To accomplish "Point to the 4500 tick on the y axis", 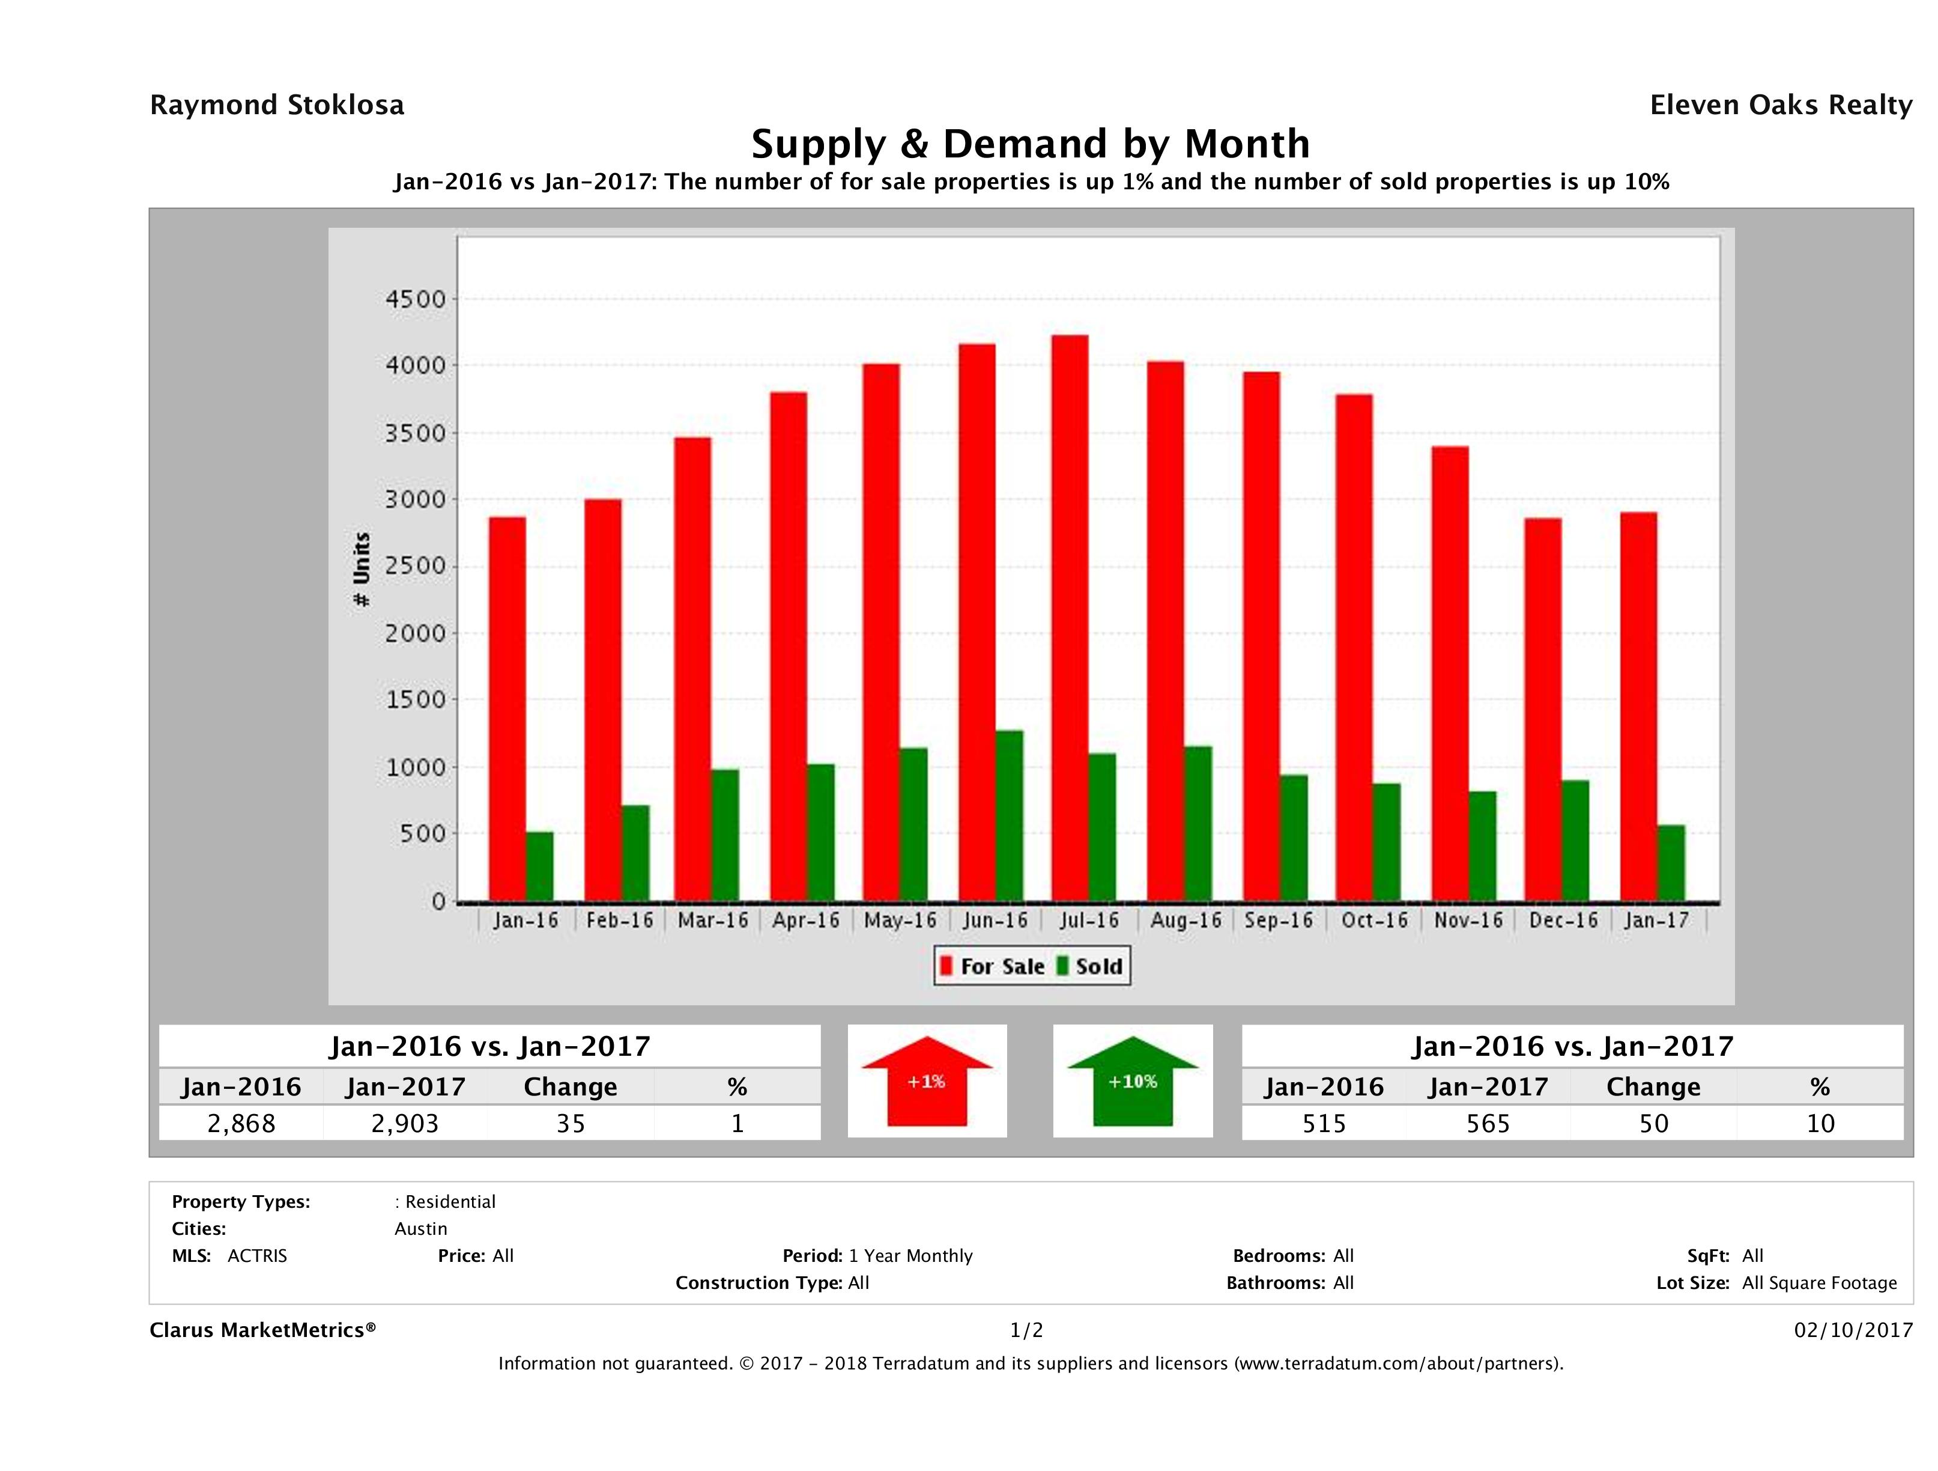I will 416,299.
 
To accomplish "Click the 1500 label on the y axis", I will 416,699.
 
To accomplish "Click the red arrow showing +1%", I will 927,1081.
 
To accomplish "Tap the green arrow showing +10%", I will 1132,1081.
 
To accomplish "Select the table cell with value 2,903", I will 405,1123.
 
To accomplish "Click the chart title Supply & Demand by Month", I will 1031,144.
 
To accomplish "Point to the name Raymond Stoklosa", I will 277,105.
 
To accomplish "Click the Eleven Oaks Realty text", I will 1780,105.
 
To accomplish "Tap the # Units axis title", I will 361,569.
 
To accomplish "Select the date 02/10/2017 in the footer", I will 1853,1330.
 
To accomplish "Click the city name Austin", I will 420,1228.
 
